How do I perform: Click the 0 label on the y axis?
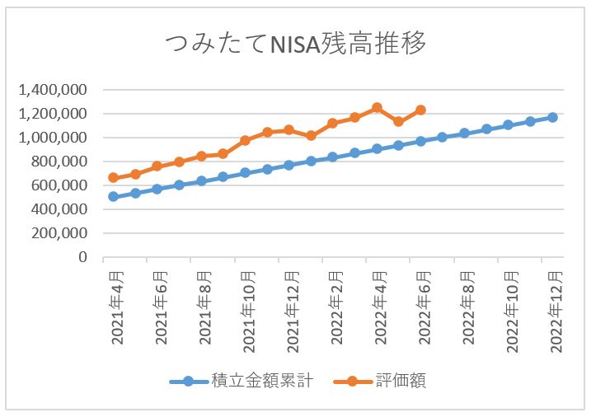pos(82,257)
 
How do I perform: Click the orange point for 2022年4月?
pos(377,107)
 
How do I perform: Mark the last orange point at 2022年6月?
pos(420,110)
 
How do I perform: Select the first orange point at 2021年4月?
pos(113,177)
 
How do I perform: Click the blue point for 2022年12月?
pos(552,117)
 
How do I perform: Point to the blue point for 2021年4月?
pos(113,197)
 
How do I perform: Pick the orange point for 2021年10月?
pos(245,140)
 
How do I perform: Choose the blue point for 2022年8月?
pos(464,133)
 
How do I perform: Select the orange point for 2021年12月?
pos(288,129)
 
